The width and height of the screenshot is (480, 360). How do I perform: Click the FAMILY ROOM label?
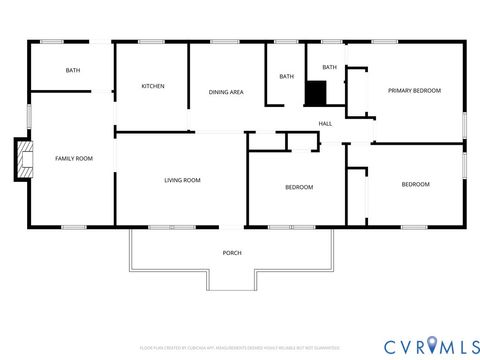pyautogui.click(x=73, y=158)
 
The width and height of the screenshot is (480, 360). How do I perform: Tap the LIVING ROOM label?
pyautogui.click(x=182, y=180)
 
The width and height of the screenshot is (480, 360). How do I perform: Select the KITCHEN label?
pyautogui.click(x=152, y=86)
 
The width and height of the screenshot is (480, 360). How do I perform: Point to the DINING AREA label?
pyautogui.click(x=226, y=92)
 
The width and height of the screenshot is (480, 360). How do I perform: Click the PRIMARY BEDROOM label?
pyautogui.click(x=414, y=90)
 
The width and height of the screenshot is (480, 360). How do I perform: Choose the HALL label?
pyautogui.click(x=325, y=124)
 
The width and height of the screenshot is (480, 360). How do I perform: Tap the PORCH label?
pyautogui.click(x=232, y=252)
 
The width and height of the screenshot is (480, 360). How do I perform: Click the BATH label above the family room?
pyautogui.click(x=73, y=70)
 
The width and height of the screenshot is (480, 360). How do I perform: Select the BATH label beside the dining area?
pyautogui.click(x=286, y=77)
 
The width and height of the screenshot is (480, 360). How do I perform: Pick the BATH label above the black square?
pyautogui.click(x=329, y=67)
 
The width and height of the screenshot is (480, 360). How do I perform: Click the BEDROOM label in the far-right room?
pyautogui.click(x=415, y=184)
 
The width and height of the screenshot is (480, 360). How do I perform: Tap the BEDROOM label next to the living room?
pyautogui.click(x=299, y=187)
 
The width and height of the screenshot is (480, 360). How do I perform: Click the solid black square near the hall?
pyautogui.click(x=317, y=92)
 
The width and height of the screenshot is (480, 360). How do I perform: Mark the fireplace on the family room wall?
pyautogui.click(x=20, y=159)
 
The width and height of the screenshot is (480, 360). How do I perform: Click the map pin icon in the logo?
pyautogui.click(x=432, y=345)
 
